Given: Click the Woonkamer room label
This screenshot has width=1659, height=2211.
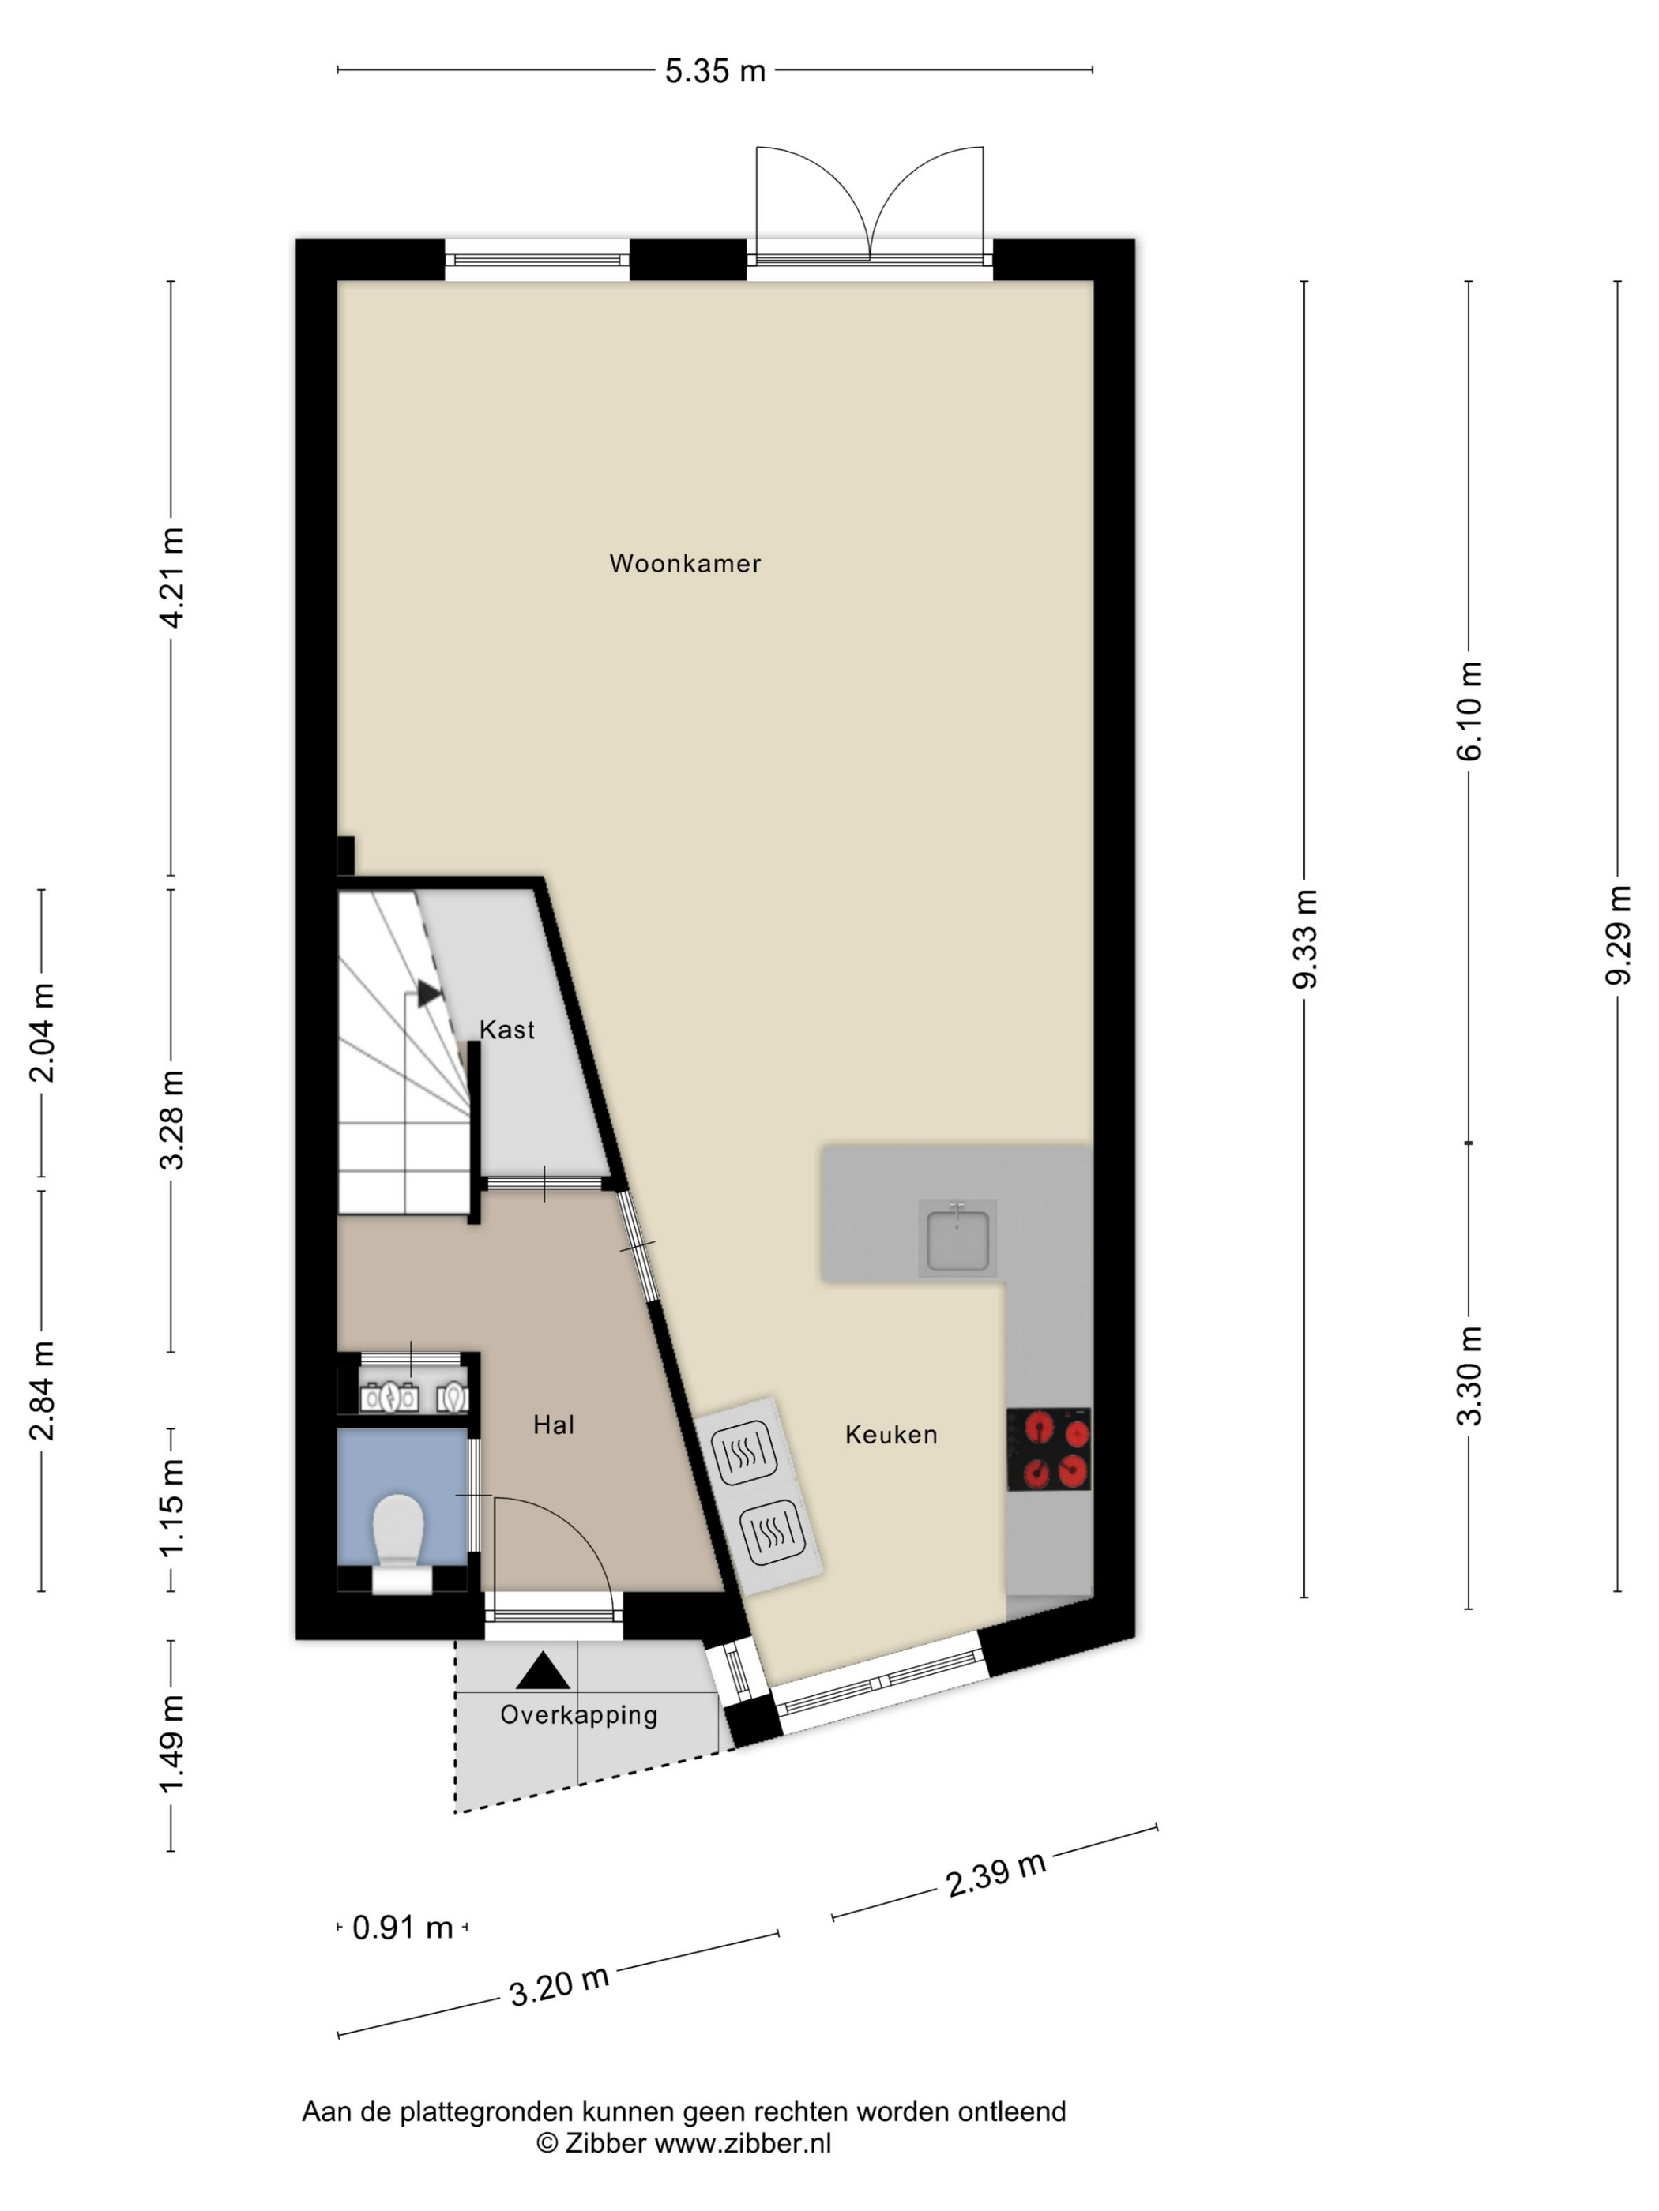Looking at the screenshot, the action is pos(685,564).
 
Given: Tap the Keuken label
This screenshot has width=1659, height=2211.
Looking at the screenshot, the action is pos(891,1436).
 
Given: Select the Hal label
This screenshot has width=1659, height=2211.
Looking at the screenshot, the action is pos(553,1425).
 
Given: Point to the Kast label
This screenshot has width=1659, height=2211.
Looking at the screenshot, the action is pos(507,1030).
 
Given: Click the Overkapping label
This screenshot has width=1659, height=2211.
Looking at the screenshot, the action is pos(579,1715).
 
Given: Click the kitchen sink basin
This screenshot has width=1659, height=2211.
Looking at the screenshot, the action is pos(958,1240).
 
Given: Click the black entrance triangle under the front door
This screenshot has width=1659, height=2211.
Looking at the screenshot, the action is pos(542,1670).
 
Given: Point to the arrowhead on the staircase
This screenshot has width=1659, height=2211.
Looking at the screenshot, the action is pos(430,993).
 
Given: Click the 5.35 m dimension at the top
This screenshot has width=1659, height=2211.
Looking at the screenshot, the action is pos(715,71).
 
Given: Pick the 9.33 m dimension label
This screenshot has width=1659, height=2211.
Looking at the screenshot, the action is pos(1305,939).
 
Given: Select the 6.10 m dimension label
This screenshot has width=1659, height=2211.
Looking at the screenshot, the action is pos(1469,711).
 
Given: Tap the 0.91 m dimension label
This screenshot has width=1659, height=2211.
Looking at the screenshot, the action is pos(403,1928).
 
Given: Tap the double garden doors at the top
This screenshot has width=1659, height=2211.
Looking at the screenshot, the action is pos(870,205).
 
